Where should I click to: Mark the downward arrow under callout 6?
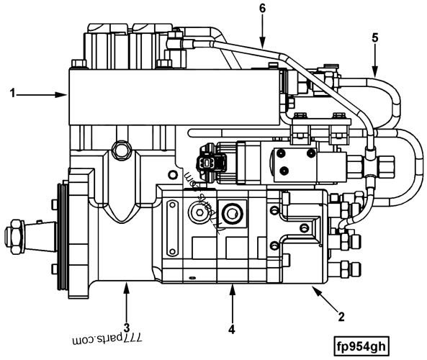coord(263,32)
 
